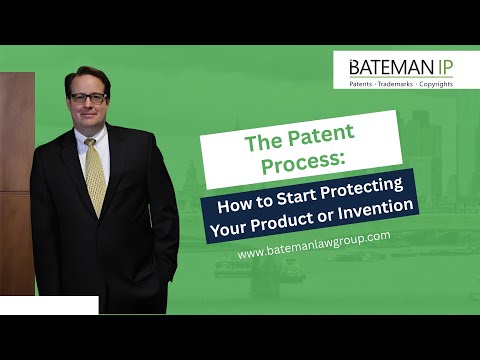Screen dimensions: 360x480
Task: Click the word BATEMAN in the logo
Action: coord(386,67)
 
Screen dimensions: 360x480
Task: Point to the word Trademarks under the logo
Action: coord(400,83)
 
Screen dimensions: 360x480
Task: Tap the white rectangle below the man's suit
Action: coord(49,305)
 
